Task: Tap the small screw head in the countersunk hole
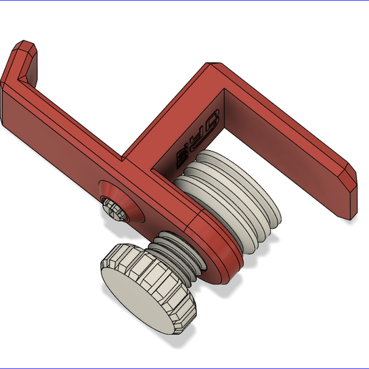click(x=114, y=209)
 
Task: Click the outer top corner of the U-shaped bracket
click(x=212, y=67)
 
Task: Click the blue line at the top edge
click(x=184, y=1)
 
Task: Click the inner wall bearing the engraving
click(x=207, y=132)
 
